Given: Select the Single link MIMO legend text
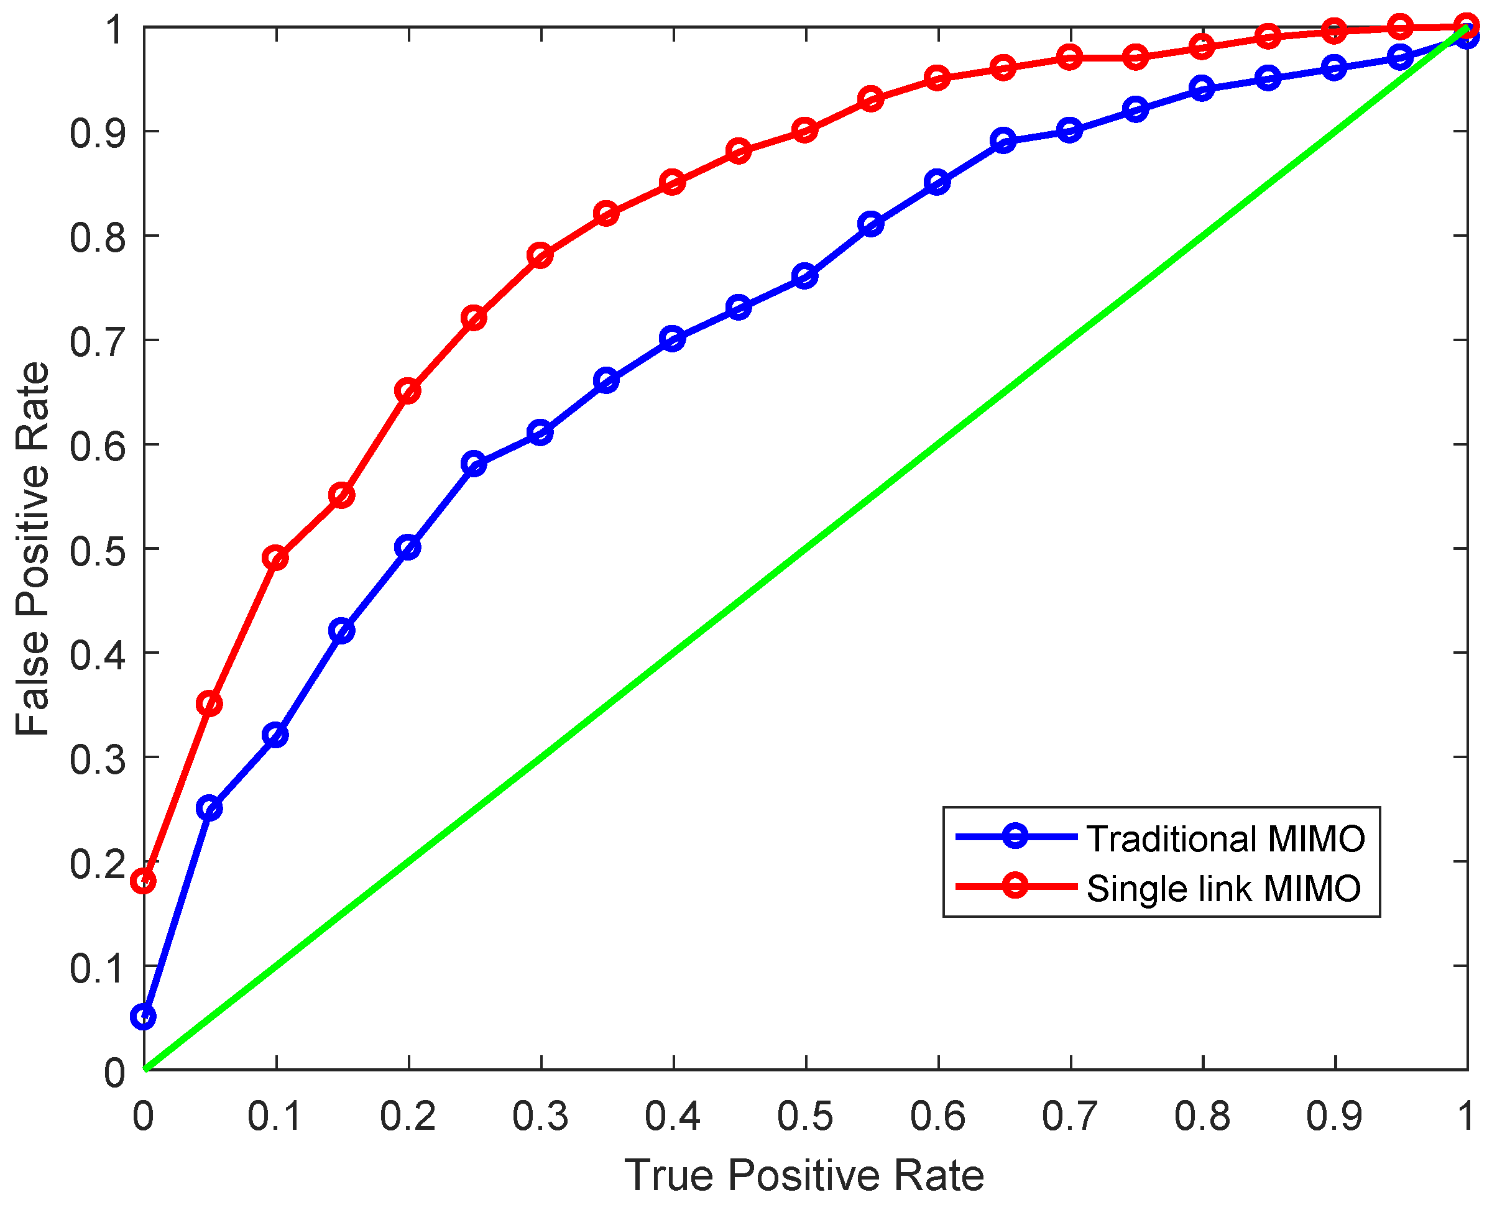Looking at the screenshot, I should point(1223,889).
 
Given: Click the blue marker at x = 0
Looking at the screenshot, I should point(144,1017).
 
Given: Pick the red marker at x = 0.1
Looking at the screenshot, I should point(276,558).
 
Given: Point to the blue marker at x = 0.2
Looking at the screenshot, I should point(408,548).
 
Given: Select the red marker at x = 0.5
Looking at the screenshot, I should point(805,131).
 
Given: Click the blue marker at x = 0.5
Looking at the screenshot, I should point(805,277).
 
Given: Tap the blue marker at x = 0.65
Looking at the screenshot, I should point(1003,141).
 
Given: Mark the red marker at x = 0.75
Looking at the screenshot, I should point(1136,57).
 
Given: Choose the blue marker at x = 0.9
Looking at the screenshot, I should point(1334,68).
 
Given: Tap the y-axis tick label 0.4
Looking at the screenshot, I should point(98,654).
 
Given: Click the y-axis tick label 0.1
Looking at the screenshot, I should point(98,968).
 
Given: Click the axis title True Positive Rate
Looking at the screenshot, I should point(804,1175).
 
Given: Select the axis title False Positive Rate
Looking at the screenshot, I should point(34,548).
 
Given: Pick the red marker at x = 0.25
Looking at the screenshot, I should point(474,319).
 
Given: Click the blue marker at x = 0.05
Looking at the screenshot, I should point(210,808).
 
